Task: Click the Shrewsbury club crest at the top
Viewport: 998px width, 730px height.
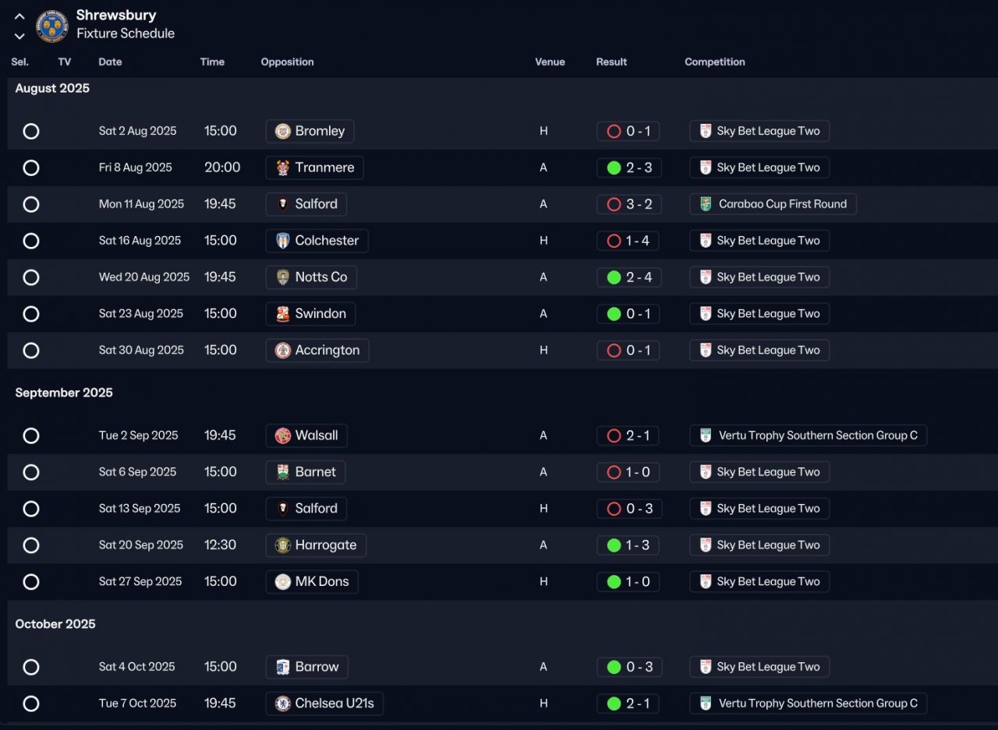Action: [x=52, y=26]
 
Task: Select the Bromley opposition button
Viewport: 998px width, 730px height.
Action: [x=310, y=131]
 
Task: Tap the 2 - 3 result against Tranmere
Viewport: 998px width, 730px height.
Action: [x=629, y=168]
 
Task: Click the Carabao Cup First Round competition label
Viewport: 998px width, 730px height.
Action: [x=773, y=204]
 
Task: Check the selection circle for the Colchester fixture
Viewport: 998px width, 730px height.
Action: [x=31, y=241]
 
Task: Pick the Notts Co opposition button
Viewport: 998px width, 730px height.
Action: [x=311, y=277]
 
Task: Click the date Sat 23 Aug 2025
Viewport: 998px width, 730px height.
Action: [x=141, y=314]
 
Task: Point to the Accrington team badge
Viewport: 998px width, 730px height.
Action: [x=283, y=351]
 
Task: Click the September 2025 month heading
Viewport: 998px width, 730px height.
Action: [x=64, y=393]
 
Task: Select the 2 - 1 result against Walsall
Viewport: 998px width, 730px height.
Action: [x=628, y=436]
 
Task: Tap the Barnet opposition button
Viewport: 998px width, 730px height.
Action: [x=306, y=472]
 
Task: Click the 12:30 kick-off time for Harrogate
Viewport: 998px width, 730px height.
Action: [x=220, y=545]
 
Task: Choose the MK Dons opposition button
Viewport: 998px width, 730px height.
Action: [x=312, y=582]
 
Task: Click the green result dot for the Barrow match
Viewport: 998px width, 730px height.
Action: [x=614, y=667]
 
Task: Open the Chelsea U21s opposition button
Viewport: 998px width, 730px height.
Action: [x=324, y=704]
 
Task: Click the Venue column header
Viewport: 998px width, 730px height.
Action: [x=550, y=62]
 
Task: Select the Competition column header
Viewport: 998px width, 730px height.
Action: [x=714, y=62]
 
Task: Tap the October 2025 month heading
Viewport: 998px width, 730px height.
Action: [x=55, y=624]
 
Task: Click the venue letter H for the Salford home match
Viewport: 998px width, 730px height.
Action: [x=543, y=509]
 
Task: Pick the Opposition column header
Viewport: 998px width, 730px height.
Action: [x=287, y=62]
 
